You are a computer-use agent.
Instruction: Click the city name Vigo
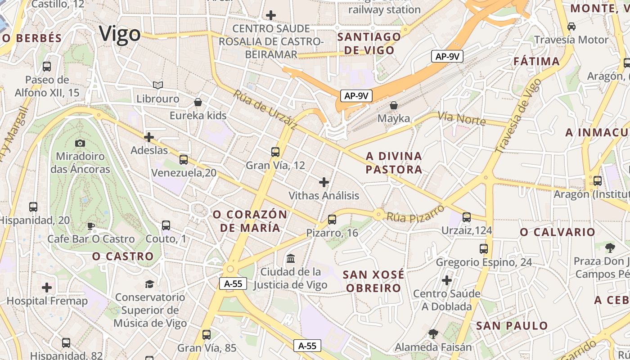120,34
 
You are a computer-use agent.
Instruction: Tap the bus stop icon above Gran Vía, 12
275,152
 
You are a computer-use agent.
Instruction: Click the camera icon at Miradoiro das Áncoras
80,143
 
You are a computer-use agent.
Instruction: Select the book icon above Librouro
157,85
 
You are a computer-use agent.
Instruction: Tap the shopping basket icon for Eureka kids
197,102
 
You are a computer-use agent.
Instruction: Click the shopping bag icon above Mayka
394,105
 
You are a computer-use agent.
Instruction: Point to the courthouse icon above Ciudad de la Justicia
291,259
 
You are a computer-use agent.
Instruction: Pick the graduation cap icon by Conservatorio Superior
149,284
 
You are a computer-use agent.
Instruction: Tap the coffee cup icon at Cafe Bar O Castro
91,225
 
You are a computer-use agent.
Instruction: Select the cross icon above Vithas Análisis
324,182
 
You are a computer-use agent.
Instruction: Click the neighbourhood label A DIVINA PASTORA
394,162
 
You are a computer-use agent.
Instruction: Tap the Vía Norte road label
462,119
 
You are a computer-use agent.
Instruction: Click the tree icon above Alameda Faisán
433,333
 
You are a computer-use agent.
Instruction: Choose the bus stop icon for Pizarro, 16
332,220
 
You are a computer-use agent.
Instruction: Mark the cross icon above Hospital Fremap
47,288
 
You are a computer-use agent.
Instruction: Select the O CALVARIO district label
558,232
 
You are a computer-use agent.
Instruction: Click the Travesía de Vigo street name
518,116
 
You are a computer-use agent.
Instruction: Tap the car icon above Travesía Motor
571,27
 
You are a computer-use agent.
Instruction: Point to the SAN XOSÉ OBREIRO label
373,281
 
